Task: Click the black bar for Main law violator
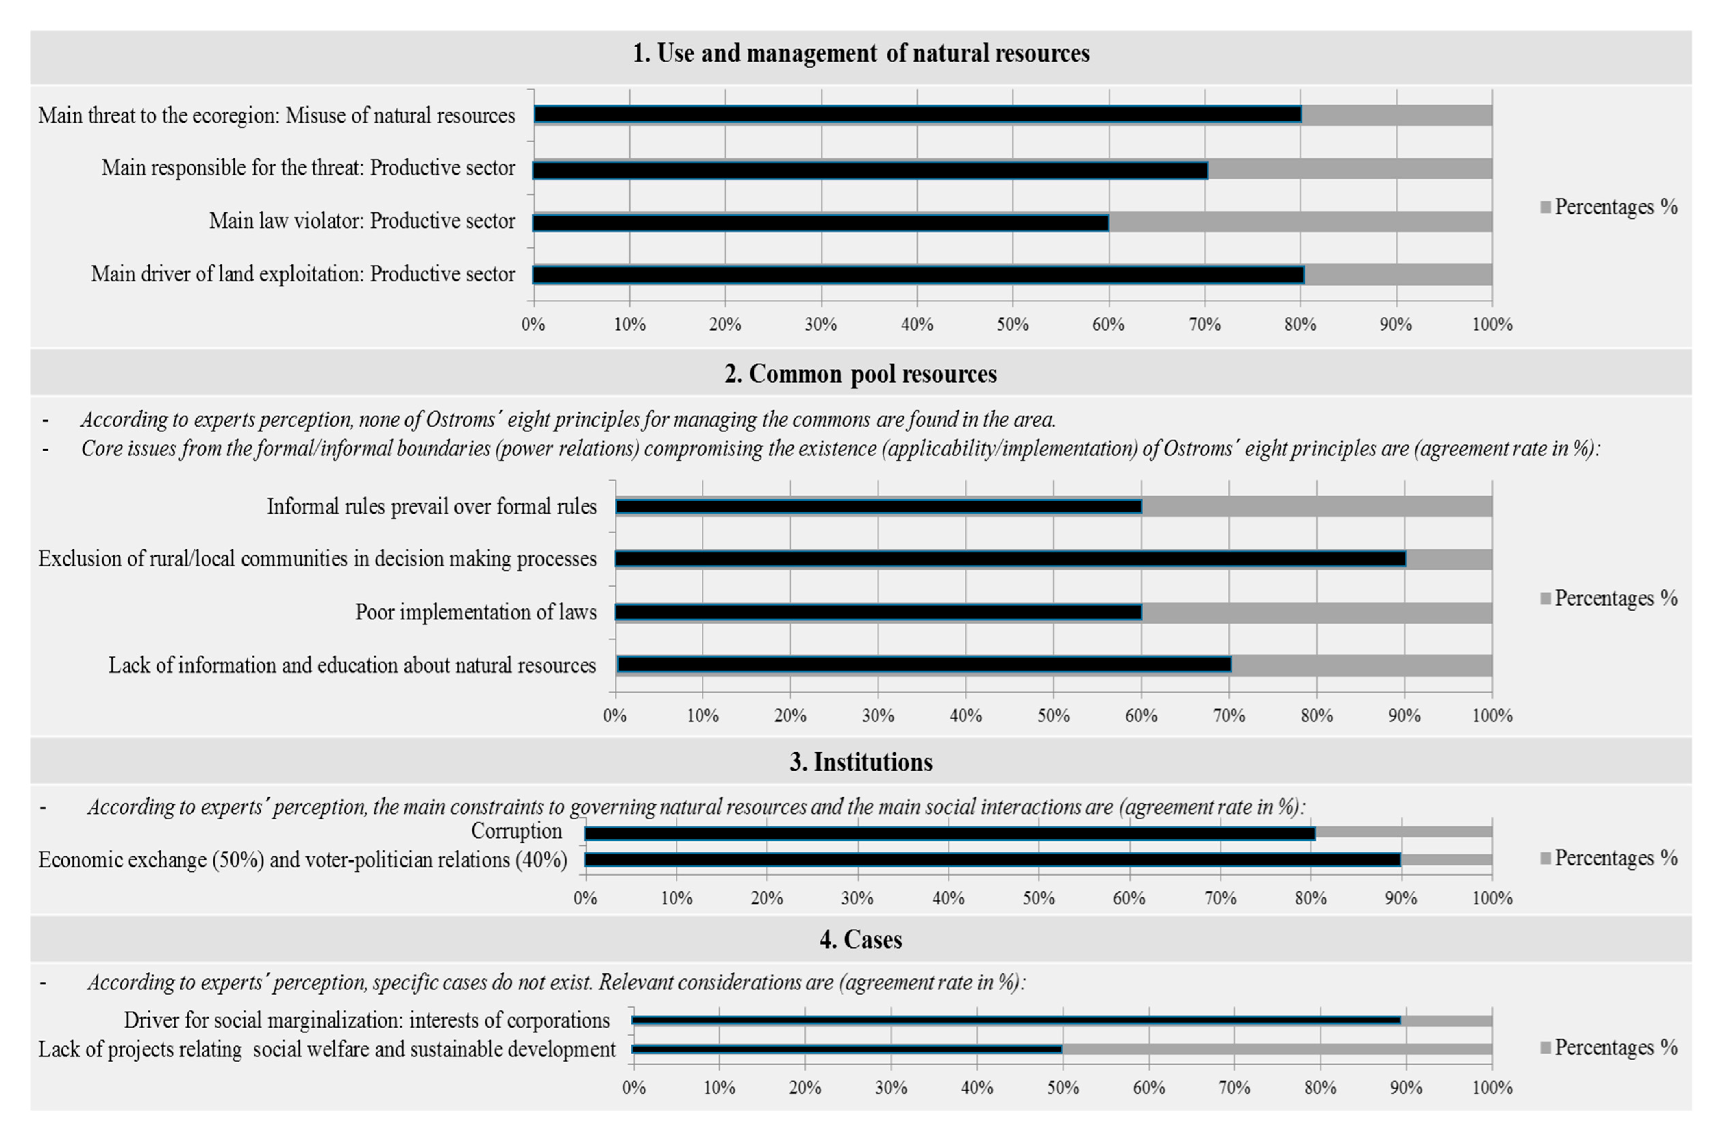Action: pos(820,222)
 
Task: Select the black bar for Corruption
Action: pos(950,833)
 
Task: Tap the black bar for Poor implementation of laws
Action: pos(877,612)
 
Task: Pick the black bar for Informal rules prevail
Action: pos(877,506)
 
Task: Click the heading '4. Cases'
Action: pos(861,939)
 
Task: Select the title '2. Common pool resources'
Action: pos(861,374)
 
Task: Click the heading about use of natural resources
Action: pos(861,53)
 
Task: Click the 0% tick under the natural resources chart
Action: pos(533,324)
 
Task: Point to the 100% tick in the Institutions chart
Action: pos(1492,898)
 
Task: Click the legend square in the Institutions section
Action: pos(1545,858)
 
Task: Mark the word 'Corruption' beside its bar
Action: pos(516,831)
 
